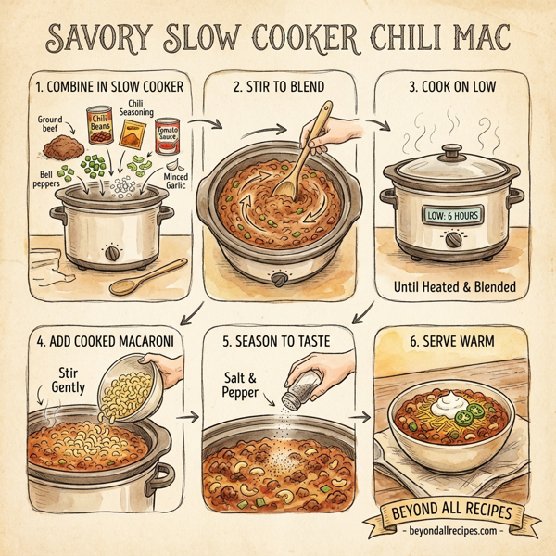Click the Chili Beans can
(99, 126)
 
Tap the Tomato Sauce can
(167, 136)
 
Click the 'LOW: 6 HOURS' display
(451, 215)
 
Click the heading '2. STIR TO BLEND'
(281, 88)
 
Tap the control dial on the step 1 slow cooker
(112, 252)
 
